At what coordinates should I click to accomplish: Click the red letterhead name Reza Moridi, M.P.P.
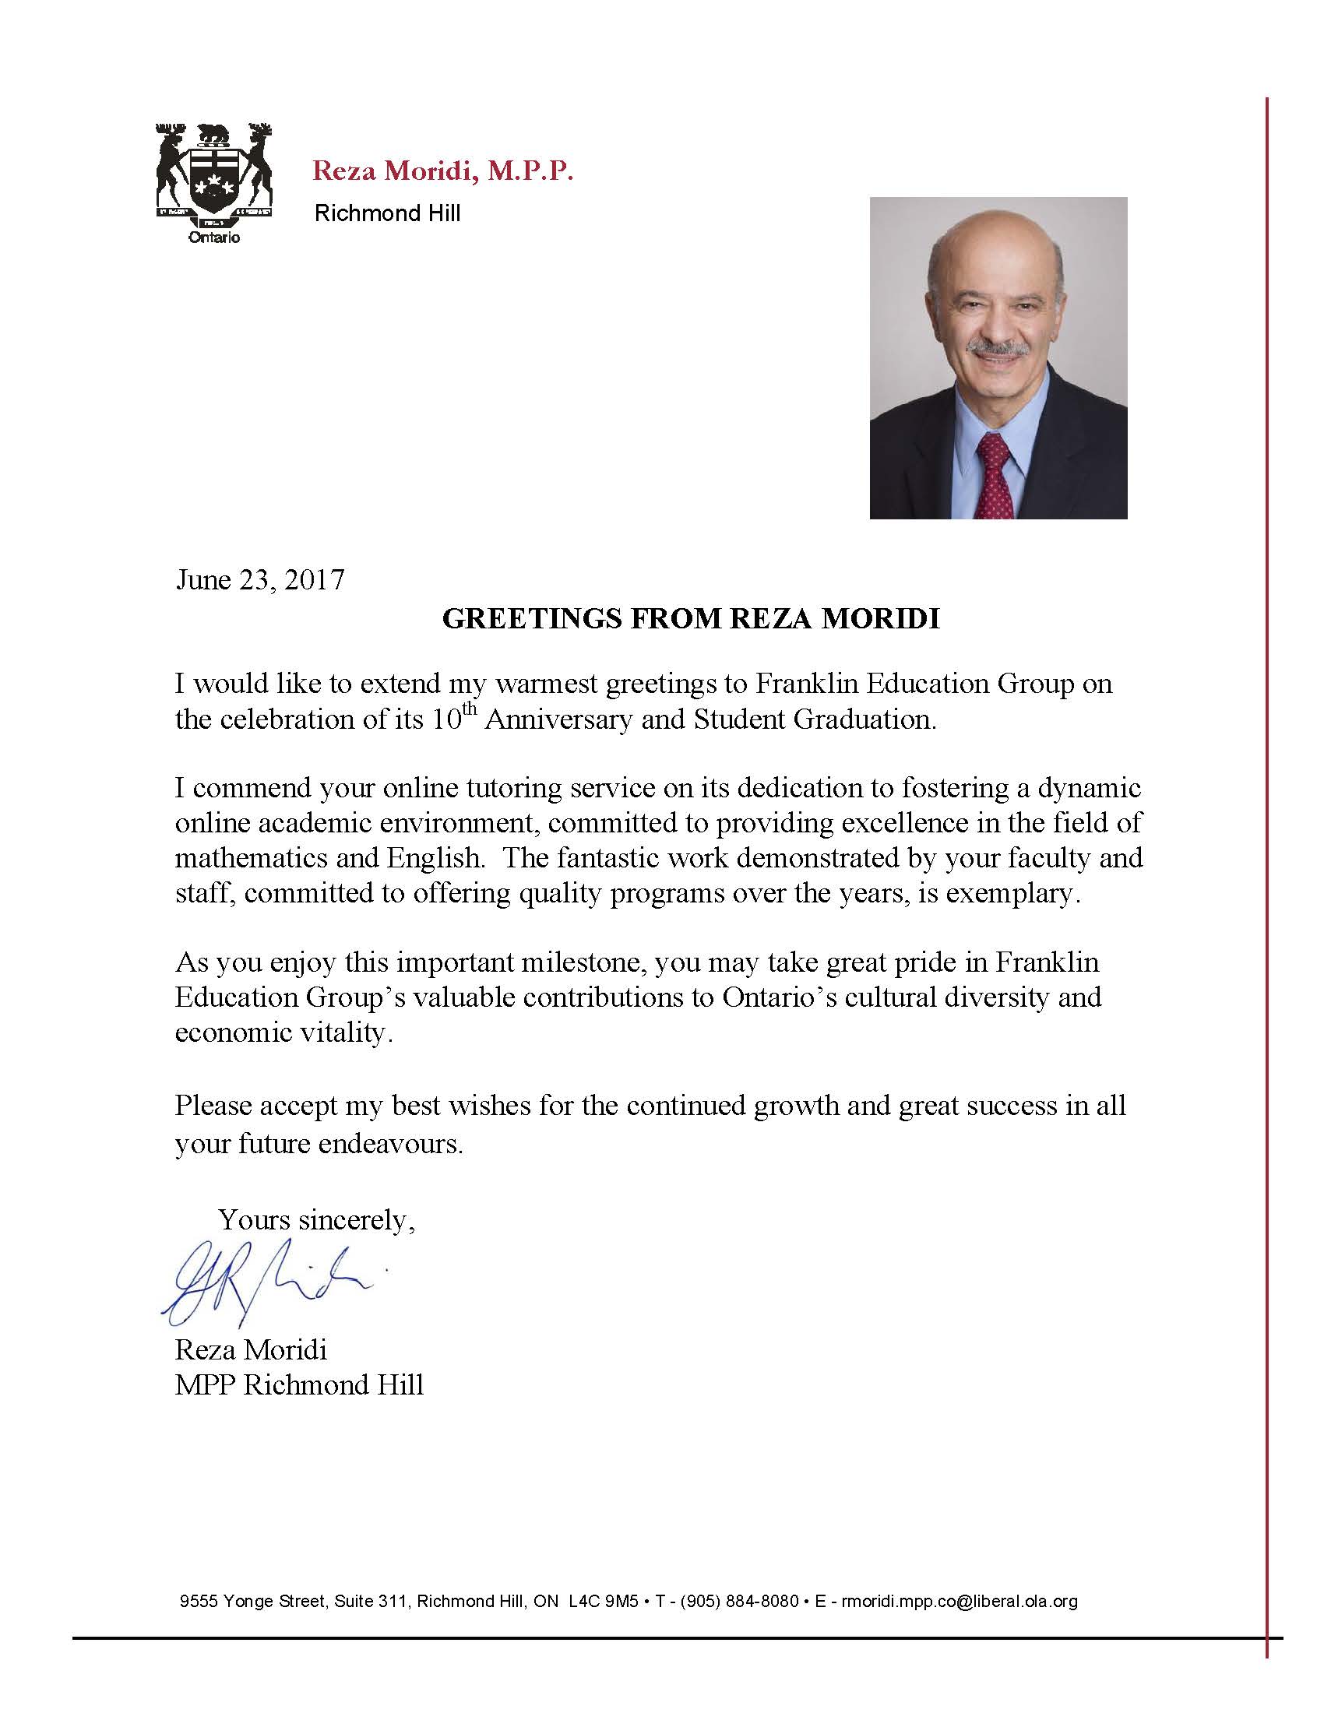442,171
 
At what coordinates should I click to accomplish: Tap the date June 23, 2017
259,579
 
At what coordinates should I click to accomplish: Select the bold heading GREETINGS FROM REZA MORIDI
691,619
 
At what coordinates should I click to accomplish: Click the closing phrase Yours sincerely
315,1219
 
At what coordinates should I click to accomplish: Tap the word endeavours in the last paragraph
390,1144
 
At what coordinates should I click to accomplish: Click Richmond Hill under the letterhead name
388,213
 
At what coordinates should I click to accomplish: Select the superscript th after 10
469,710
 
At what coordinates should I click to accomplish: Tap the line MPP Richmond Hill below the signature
299,1384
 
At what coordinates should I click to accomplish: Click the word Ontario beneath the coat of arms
214,237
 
